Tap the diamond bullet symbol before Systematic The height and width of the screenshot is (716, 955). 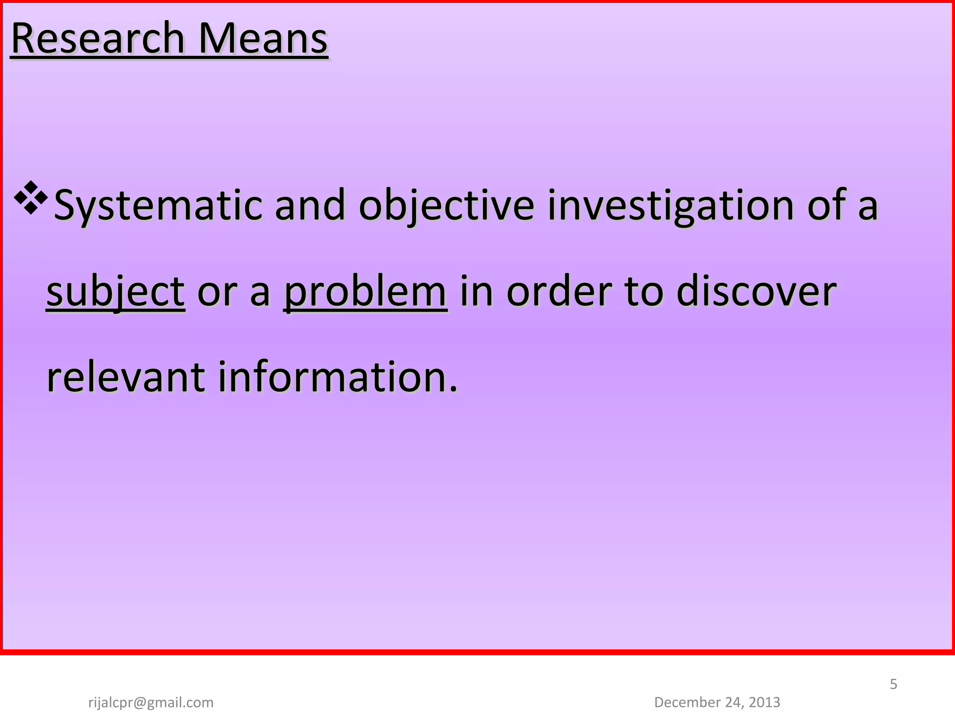[31, 198]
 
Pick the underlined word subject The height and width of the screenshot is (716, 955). [116, 292]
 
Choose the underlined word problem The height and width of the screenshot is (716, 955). [366, 292]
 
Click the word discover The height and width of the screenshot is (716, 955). [756, 292]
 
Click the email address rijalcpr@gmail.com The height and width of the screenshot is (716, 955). [151, 702]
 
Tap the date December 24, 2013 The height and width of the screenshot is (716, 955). [717, 702]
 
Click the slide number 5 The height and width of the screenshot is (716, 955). [893, 684]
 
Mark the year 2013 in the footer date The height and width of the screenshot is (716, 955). [765, 702]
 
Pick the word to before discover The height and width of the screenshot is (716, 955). [644, 292]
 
